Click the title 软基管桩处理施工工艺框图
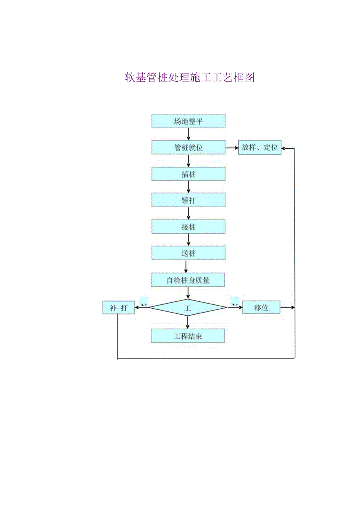tap(190, 77)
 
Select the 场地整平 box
tap(188, 121)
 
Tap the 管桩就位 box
tap(188, 147)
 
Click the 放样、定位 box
tap(260, 147)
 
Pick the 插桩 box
tap(188, 174)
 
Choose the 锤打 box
tap(188, 200)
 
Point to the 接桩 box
tap(188, 227)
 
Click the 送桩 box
tap(188, 253)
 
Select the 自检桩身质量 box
tap(188, 280)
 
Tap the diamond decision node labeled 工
tap(188, 308)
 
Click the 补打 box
tap(118, 308)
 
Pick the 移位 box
tap(261, 308)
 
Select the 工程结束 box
tap(188, 336)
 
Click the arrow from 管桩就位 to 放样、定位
tap(232, 148)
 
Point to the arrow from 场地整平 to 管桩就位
tap(189, 134)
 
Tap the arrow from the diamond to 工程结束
tap(188, 322)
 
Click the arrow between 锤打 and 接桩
tap(189, 214)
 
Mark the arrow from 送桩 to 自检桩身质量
tap(186, 266)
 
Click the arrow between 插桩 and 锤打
tap(189, 187)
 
